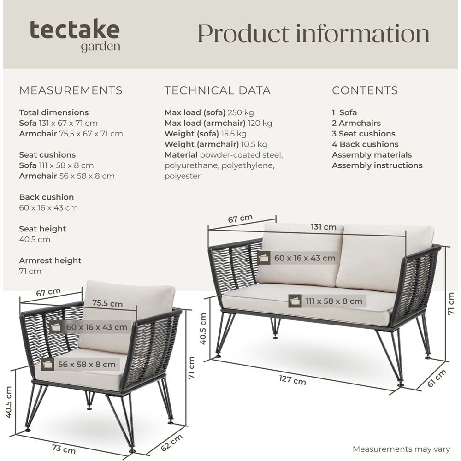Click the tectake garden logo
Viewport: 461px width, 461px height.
[75, 35]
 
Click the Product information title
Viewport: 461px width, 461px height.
[313, 34]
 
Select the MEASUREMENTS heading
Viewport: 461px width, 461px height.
[71, 90]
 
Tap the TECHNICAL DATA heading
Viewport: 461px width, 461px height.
[218, 90]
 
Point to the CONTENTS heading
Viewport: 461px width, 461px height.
[365, 90]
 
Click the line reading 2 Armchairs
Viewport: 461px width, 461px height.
[356, 123]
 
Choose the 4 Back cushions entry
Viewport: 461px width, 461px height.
[365, 144]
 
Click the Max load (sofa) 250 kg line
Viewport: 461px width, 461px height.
[209, 112]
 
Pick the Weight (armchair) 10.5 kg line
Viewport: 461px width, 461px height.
[216, 144]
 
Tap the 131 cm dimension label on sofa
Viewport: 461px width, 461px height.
[323, 227]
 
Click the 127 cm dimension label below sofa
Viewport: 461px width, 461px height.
[292, 380]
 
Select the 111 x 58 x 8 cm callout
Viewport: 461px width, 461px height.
[333, 301]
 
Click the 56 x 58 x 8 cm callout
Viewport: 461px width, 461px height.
[86, 364]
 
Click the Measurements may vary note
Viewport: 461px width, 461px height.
[401, 449]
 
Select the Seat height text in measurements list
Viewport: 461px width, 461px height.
[42, 229]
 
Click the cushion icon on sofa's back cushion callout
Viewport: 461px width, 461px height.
[265, 258]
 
